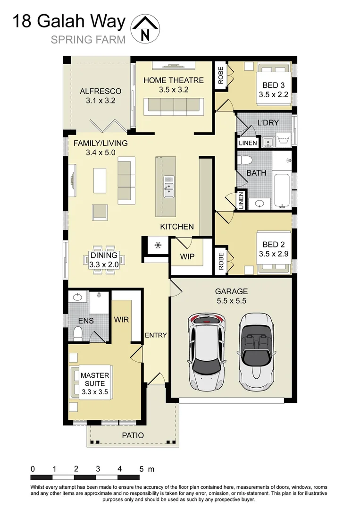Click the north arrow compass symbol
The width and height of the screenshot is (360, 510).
[146, 28]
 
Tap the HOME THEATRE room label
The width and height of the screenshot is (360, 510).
[174, 80]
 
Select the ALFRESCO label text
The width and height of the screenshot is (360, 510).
[100, 91]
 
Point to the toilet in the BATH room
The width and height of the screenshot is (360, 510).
[245, 160]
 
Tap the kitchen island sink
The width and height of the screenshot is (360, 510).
[168, 186]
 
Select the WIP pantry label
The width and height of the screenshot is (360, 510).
[187, 257]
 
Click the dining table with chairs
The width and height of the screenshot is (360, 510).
[104, 259]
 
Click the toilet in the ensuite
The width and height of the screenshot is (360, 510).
[78, 334]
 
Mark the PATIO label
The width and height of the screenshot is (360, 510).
[133, 435]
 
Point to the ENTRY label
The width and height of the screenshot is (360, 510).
[156, 335]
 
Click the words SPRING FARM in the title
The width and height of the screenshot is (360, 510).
[88, 39]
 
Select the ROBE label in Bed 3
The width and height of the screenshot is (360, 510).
[220, 75]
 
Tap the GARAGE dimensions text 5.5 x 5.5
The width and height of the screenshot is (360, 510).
[231, 300]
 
